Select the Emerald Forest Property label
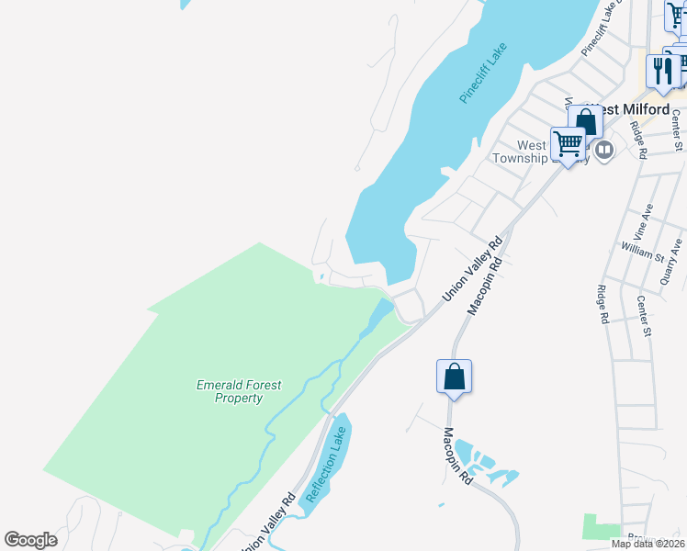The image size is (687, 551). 239,391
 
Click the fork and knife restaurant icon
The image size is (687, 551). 660,72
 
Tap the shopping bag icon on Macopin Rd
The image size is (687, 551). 454,377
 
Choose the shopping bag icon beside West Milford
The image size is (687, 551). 585,122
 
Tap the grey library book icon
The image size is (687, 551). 603,150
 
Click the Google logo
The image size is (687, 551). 31,540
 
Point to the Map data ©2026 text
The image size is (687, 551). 648,544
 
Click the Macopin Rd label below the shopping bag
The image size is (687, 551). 458,456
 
